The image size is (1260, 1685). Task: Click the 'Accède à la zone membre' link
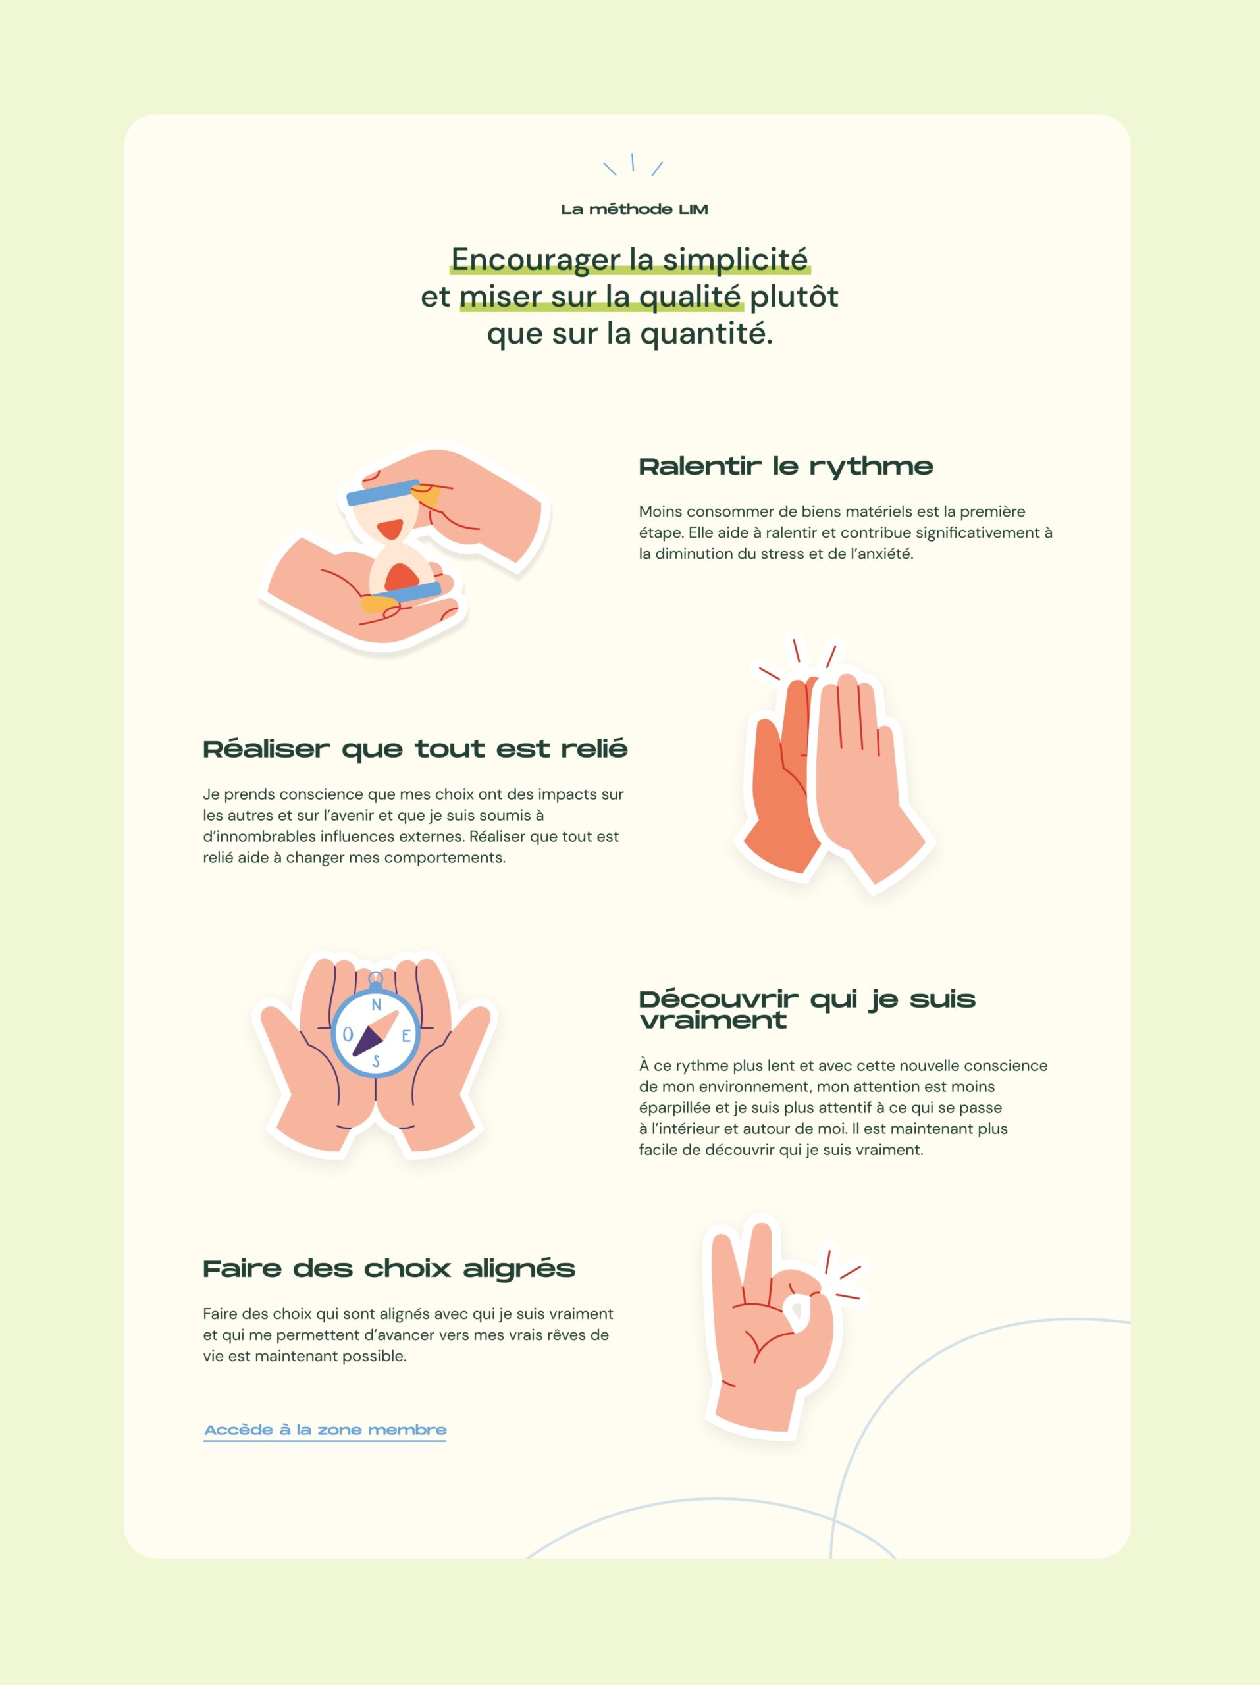pos(325,1430)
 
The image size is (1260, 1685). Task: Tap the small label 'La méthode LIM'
pos(635,209)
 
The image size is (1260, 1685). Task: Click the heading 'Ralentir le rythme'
pos(785,467)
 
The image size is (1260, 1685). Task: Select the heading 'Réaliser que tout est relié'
pos(415,750)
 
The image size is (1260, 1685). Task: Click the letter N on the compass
pos(377,1006)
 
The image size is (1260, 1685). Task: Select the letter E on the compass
pos(406,1035)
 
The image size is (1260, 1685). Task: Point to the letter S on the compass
pos(377,1061)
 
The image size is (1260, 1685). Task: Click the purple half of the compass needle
pos(367,1042)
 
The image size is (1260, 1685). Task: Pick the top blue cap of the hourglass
pos(383,492)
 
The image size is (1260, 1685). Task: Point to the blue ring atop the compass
pos(375,979)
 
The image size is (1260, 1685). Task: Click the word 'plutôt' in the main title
pos(794,296)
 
